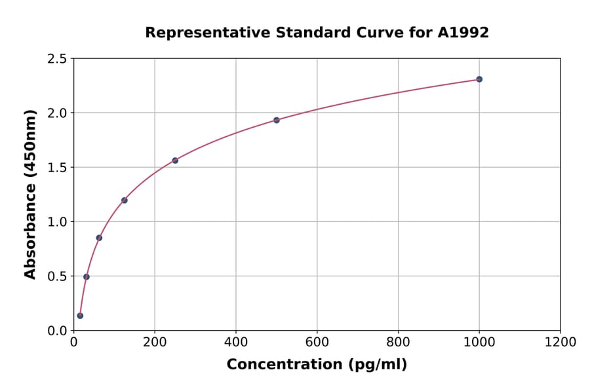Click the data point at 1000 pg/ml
(x=479, y=79)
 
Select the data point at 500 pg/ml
(x=276, y=120)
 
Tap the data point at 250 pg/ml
(x=175, y=160)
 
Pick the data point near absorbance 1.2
(x=125, y=200)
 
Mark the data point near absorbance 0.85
(x=99, y=238)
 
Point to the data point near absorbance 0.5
(x=87, y=276)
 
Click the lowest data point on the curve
(x=80, y=316)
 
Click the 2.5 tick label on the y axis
(x=56, y=59)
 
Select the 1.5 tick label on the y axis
(x=56, y=168)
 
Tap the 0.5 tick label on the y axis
(x=56, y=276)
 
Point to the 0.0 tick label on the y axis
(x=56, y=331)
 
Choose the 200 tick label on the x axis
(x=155, y=342)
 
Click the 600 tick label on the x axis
(x=317, y=342)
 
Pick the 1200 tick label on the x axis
(x=560, y=342)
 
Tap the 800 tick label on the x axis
(x=398, y=342)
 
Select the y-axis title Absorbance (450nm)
(x=30, y=194)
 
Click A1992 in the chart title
(x=463, y=32)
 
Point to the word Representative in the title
(x=195, y=32)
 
